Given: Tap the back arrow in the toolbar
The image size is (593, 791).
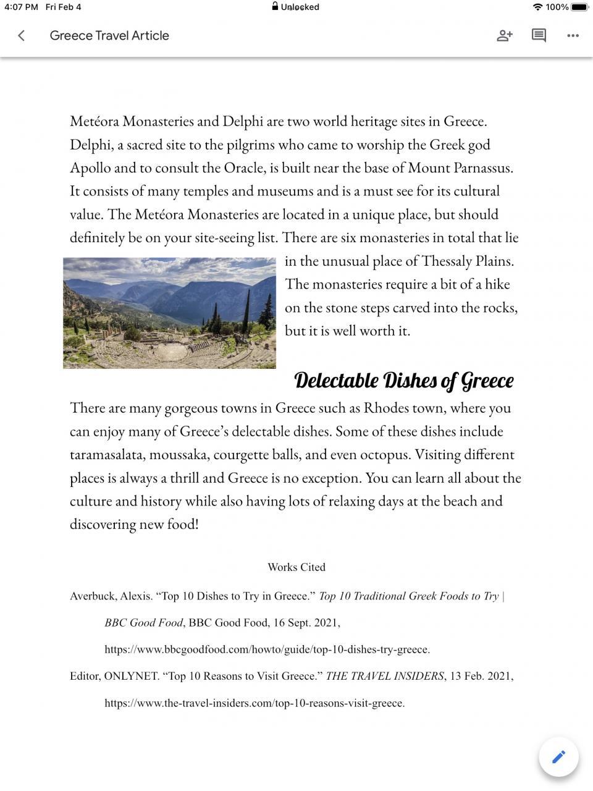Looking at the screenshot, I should (x=22, y=36).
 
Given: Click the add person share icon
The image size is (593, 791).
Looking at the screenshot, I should (x=505, y=36).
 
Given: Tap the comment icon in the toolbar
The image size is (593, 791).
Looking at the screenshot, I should (x=539, y=36).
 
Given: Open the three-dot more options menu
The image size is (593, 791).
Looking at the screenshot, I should (x=573, y=36).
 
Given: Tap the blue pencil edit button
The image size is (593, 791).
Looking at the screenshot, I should (x=558, y=756).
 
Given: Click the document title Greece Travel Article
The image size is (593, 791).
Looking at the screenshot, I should (x=109, y=36).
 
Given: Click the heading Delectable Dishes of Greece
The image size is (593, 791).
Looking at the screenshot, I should (x=403, y=381).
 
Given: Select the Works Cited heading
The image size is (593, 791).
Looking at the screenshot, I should (x=296, y=567).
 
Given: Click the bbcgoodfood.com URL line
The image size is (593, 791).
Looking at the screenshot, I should (x=267, y=649).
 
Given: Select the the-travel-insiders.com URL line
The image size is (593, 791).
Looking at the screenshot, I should (x=254, y=703).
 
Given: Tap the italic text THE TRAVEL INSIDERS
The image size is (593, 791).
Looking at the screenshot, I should (x=385, y=676).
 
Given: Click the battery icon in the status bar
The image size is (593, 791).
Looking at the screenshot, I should (x=579, y=7).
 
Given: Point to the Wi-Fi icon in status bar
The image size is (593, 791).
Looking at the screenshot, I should (x=537, y=7).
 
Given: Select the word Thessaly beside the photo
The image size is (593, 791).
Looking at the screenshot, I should (x=447, y=261).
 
